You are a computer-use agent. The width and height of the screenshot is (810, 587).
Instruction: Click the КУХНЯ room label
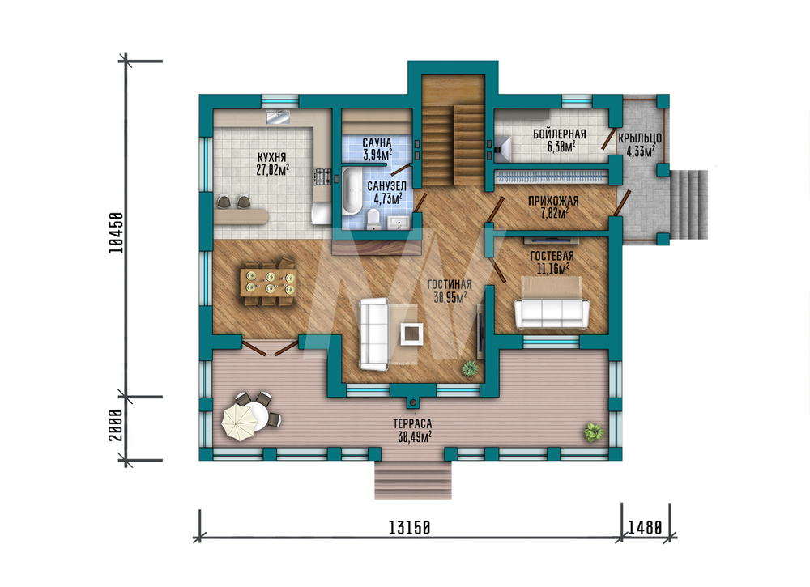[271, 157]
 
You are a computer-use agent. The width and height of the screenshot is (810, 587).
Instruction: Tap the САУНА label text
[377, 142]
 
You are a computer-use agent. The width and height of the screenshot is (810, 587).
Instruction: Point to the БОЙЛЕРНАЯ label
[560, 134]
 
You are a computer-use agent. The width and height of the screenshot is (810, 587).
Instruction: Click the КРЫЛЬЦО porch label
[640, 138]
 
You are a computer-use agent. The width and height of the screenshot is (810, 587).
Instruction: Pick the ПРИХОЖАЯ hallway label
[553, 201]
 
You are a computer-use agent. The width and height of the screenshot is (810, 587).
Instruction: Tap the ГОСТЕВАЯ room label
[552, 256]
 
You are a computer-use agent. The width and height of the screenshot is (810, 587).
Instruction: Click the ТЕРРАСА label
[412, 424]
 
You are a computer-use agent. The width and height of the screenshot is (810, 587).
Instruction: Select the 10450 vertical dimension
[117, 232]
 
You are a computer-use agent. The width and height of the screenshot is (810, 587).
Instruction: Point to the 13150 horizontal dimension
[409, 528]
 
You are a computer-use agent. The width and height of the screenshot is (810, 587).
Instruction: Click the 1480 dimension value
[645, 528]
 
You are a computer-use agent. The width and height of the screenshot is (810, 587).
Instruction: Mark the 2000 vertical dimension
[116, 425]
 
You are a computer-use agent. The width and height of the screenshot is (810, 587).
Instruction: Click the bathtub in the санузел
[352, 190]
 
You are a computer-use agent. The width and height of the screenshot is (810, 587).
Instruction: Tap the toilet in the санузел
[373, 219]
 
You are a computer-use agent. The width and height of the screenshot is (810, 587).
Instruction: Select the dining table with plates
[269, 282]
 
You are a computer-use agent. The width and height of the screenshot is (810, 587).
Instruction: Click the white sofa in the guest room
[552, 313]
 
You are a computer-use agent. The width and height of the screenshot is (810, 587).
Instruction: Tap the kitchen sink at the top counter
[278, 117]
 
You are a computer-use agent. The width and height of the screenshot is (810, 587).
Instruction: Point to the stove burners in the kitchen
[323, 177]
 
